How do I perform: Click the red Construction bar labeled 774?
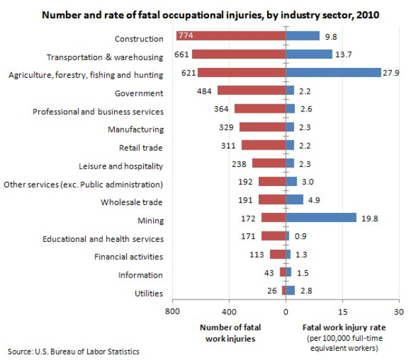click(231, 36)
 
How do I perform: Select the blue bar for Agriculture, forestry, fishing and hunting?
click(333, 73)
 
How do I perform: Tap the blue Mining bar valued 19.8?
click(321, 218)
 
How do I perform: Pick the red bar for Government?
click(251, 90)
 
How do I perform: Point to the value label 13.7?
click(343, 55)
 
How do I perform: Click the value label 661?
click(182, 55)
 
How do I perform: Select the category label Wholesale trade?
click(132, 202)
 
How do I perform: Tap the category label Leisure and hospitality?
click(121, 166)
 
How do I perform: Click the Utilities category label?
click(148, 293)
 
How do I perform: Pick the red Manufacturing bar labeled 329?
click(262, 127)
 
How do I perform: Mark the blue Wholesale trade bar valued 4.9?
click(294, 199)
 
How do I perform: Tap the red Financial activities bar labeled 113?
click(278, 254)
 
